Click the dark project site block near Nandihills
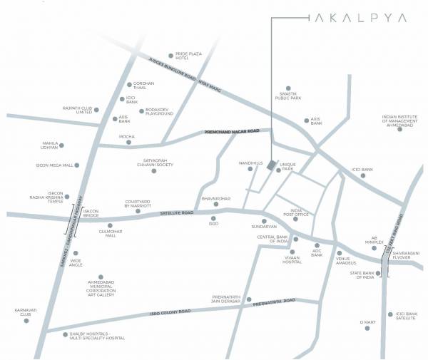tap(270, 165)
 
